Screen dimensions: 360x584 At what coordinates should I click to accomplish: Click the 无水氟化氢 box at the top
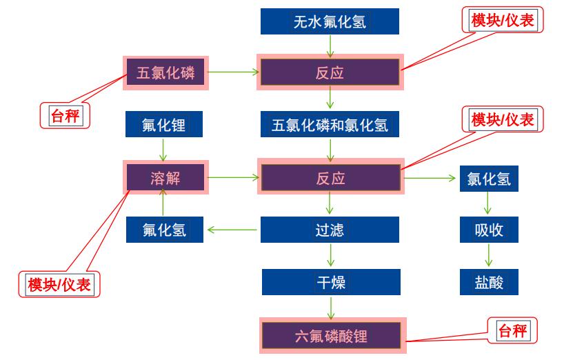(330, 21)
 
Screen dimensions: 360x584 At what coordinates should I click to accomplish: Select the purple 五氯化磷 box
(165, 72)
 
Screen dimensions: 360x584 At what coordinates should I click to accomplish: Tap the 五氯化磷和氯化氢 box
(330, 126)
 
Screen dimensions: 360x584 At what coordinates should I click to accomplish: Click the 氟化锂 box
(163, 126)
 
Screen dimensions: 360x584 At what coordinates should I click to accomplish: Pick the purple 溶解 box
(165, 179)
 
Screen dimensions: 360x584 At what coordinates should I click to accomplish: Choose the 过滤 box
(330, 230)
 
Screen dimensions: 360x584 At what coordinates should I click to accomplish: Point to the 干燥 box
(330, 282)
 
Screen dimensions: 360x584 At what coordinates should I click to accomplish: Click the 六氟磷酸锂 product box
(332, 336)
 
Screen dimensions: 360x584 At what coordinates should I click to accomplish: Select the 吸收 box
(489, 230)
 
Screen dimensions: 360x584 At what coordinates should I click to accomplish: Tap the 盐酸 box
(489, 282)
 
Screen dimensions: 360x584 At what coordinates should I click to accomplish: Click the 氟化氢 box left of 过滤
(165, 230)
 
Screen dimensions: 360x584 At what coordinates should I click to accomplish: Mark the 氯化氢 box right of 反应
(489, 179)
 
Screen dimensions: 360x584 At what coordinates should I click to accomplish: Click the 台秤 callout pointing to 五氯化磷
(66, 115)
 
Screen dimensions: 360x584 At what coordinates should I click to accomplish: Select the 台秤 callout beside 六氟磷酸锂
(512, 332)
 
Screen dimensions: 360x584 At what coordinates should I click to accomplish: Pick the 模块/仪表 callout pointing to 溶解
(59, 284)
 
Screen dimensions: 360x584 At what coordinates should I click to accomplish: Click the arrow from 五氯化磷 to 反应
(233, 71)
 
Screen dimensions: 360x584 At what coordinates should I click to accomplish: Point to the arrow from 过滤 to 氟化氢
(234, 230)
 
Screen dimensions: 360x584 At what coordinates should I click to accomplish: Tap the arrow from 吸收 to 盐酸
(489, 256)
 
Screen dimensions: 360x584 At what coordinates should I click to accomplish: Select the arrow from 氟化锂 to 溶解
(163, 150)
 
